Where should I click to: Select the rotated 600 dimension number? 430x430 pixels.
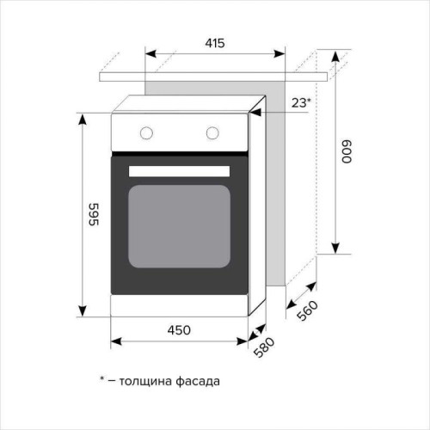tap(347, 152)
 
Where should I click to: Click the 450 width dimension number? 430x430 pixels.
tap(179, 329)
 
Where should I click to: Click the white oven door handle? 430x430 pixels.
tap(179, 171)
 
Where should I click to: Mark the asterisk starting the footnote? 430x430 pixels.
tap(101, 378)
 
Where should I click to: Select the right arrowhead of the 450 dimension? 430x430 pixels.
tap(243, 341)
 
